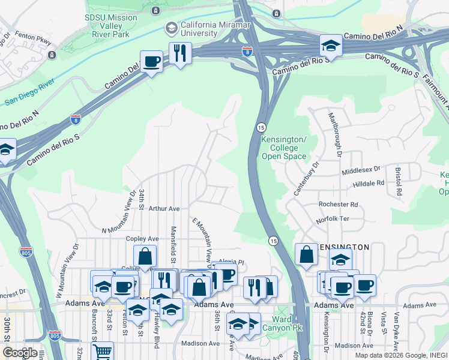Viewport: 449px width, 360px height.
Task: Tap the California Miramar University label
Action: point(217,28)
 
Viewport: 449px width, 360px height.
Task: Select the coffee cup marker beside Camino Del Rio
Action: point(151,61)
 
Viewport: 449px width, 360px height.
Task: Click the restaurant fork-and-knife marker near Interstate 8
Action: point(179,53)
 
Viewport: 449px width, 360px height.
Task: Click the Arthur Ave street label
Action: point(164,209)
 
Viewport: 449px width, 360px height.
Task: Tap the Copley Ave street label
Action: point(142,238)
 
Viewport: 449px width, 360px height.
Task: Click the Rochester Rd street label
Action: point(338,205)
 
